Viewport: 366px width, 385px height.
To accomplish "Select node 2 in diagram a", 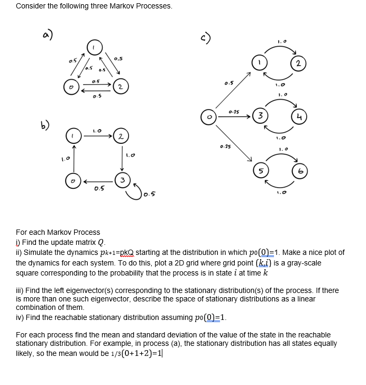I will point(121,85).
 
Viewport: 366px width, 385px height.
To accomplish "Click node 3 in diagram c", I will point(260,116).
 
